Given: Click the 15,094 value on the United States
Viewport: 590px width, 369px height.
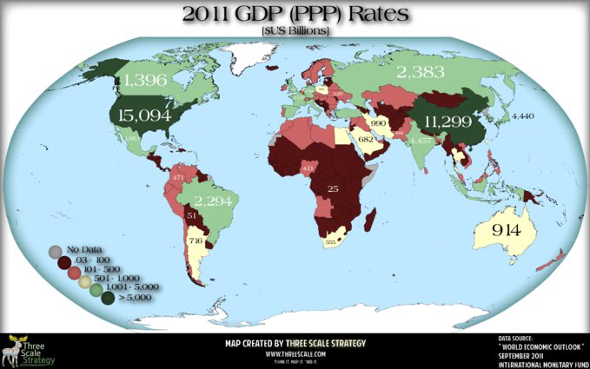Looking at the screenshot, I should pos(147,113).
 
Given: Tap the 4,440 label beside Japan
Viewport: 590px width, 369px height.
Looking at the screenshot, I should pos(524,115).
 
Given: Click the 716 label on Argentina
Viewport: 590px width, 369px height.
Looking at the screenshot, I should pos(196,239).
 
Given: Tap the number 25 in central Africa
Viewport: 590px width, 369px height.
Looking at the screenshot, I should pos(332,187).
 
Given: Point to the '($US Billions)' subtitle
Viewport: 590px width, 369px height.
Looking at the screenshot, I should pos(296,31).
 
